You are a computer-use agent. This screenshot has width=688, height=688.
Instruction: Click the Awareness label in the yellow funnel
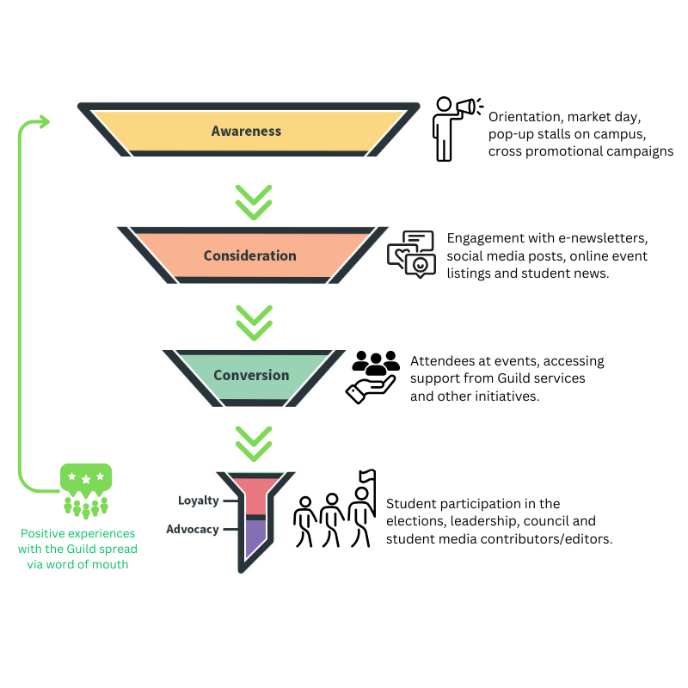pos(246,132)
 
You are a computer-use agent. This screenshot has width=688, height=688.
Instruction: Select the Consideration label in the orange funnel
pos(249,255)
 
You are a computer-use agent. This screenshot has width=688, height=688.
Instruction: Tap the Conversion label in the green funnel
pos(251,375)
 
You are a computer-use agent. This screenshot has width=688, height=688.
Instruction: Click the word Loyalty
pos(198,501)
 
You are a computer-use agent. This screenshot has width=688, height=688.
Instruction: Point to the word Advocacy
pos(193,529)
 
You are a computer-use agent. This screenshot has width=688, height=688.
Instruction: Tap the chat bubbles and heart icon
pos(411,254)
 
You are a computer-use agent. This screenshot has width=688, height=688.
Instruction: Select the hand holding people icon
pos(372,377)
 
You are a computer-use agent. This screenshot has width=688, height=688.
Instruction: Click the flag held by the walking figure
pos(368,476)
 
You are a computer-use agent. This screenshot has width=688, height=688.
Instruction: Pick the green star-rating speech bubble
pos(85,478)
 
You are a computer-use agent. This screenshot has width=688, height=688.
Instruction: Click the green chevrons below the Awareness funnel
pos(254,200)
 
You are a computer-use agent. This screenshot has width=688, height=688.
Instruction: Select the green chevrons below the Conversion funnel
pos(254,443)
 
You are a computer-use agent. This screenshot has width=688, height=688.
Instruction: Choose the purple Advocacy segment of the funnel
pos(255,537)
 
